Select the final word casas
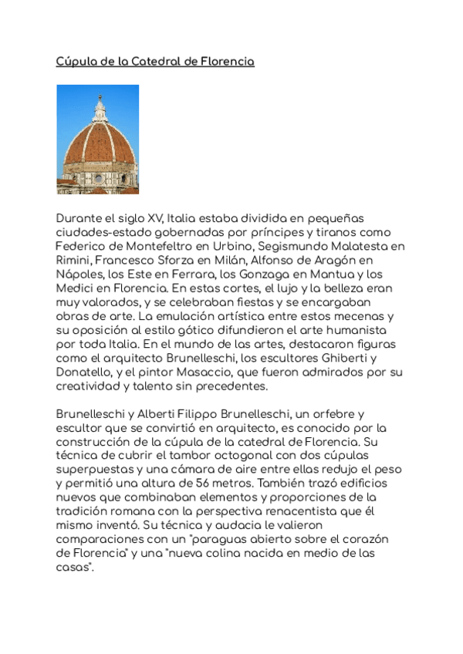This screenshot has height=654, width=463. point(73,566)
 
